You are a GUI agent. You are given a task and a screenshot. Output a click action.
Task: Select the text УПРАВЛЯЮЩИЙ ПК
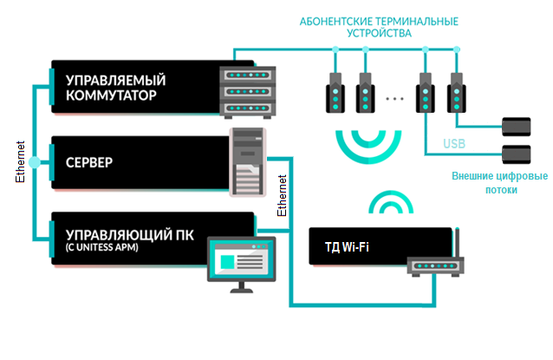tap(122, 234)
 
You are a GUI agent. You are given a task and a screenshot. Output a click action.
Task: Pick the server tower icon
tap(248, 162)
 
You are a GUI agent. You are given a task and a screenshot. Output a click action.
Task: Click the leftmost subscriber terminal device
tap(333, 93)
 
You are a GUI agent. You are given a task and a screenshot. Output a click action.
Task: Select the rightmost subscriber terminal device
tap(454, 93)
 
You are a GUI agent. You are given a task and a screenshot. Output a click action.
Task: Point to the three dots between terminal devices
tap(395, 99)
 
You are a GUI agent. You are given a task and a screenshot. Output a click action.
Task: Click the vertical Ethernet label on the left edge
tap(21, 162)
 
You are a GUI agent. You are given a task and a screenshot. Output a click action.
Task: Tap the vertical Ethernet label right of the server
tap(281, 196)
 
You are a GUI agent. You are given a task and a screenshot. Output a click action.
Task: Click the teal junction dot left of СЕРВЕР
tap(34, 162)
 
